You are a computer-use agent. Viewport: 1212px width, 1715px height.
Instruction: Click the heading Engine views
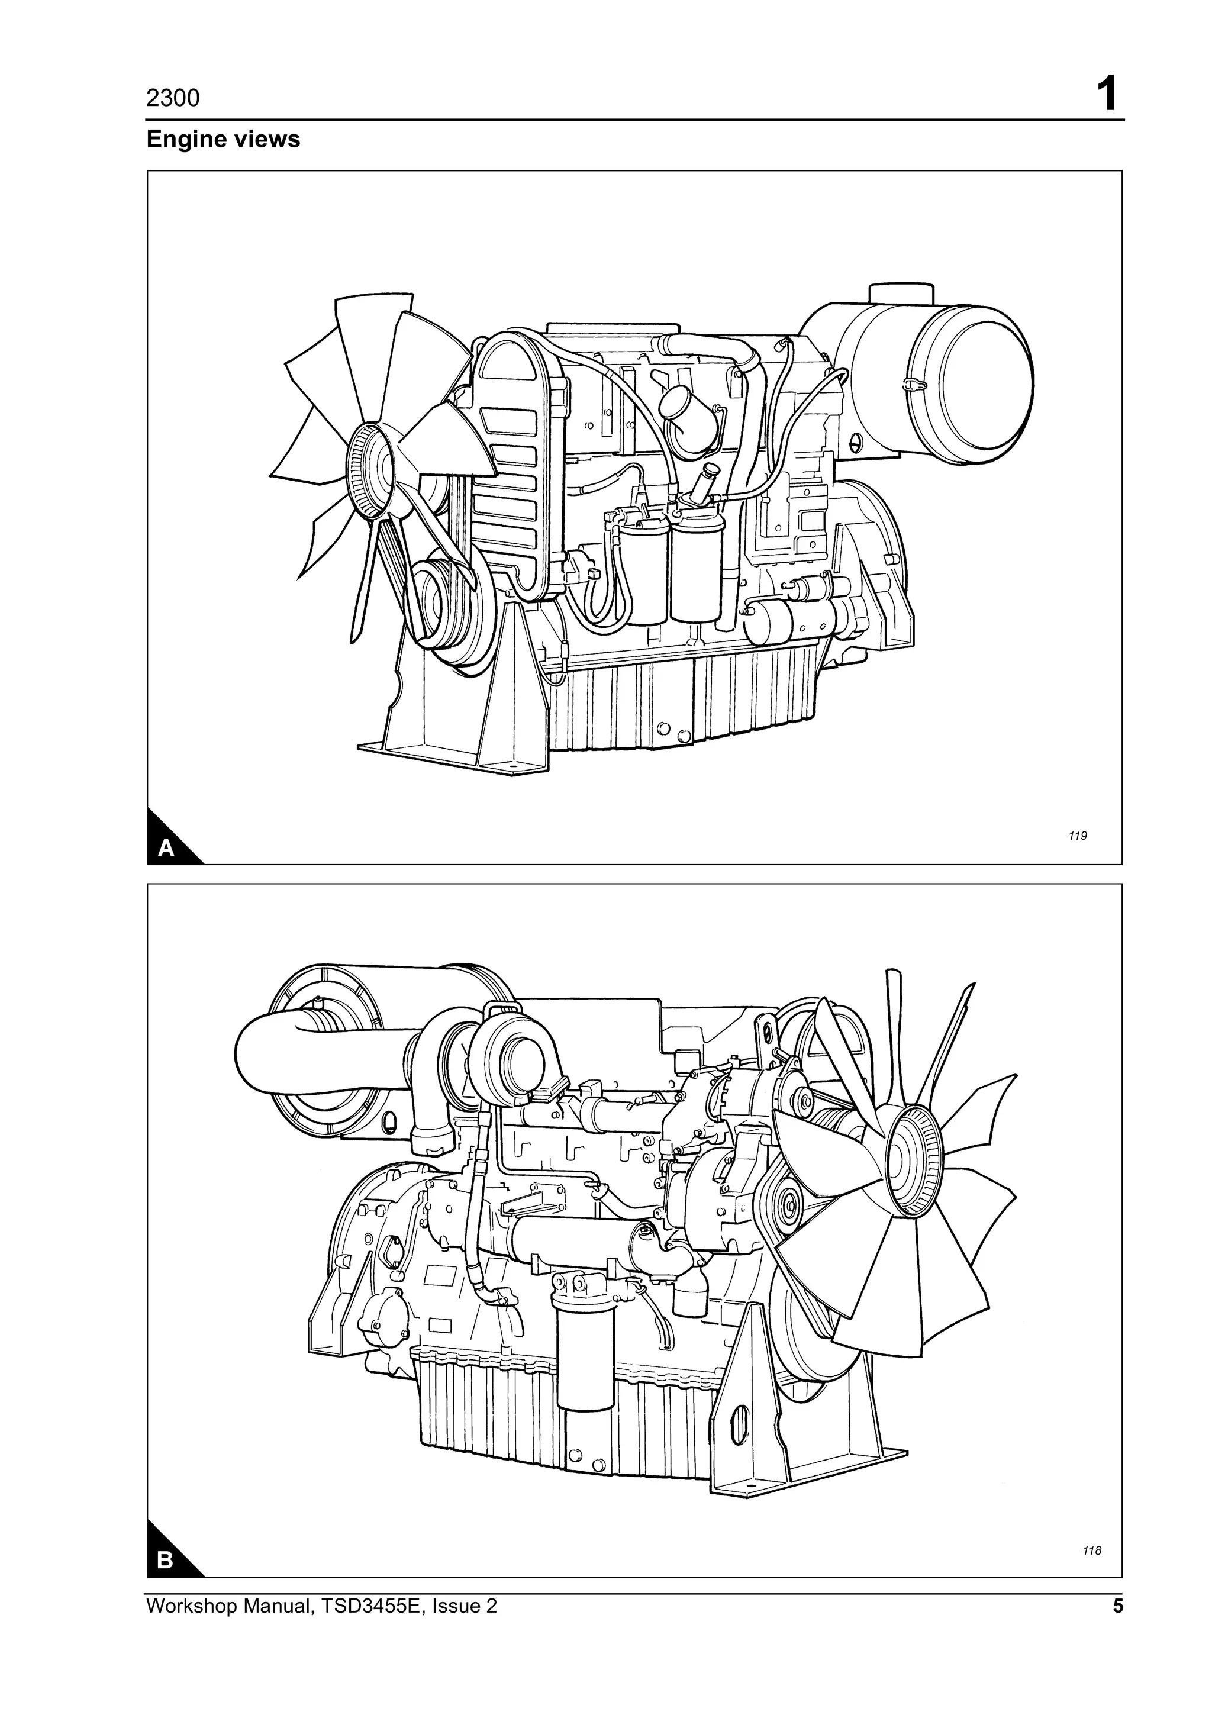click(223, 140)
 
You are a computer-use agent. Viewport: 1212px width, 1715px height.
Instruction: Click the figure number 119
click(1077, 836)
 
